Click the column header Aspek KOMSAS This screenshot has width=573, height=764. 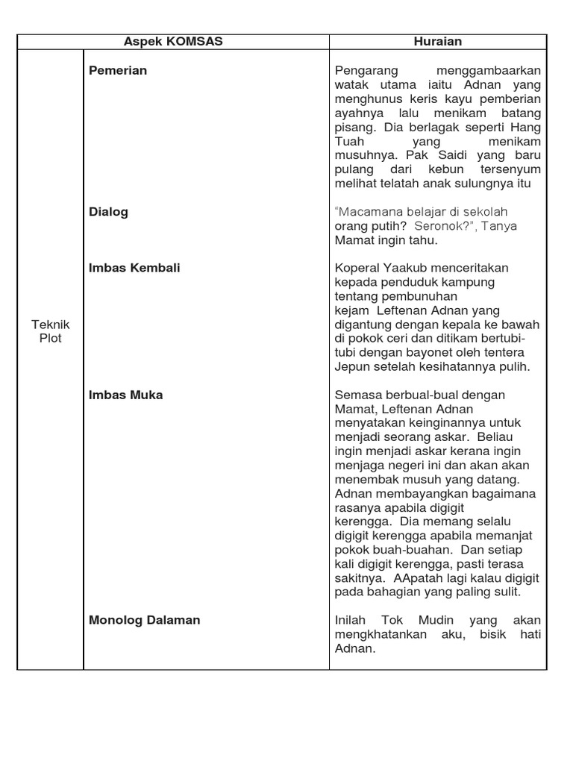click(173, 42)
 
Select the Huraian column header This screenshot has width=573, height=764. click(438, 42)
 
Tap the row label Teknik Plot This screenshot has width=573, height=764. click(51, 331)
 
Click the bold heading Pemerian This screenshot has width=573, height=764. click(118, 71)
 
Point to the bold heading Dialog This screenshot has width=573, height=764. click(109, 212)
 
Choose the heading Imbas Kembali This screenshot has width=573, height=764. click(134, 268)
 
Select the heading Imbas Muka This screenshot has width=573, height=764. click(125, 395)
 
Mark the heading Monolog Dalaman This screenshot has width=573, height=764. click(145, 620)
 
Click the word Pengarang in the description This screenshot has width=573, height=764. click(366, 71)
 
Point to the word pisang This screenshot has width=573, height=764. click(352, 128)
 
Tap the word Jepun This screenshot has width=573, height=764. click(352, 366)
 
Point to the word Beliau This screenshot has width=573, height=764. click(525, 437)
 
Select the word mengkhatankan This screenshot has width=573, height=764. click(381, 634)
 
